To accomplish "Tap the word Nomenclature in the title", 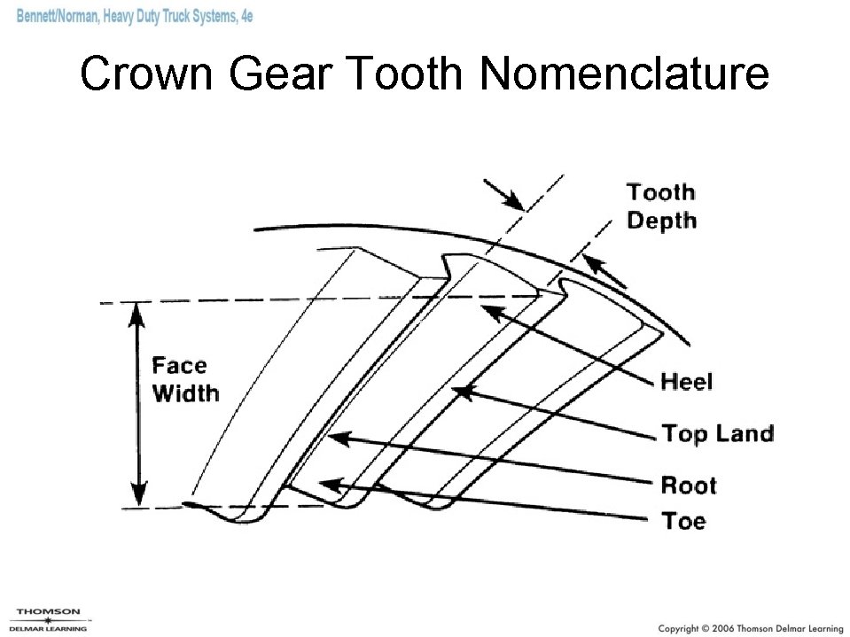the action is click(x=624, y=74).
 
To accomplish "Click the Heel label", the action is click(x=687, y=382).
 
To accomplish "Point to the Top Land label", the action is click(x=718, y=433).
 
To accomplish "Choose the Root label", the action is click(x=689, y=485).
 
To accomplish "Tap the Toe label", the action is click(x=683, y=520).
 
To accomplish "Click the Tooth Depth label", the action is click(x=661, y=206).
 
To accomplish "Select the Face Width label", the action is click(x=185, y=379).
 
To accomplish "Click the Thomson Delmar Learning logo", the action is click(x=49, y=619).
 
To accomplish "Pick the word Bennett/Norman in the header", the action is click(x=58, y=18).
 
